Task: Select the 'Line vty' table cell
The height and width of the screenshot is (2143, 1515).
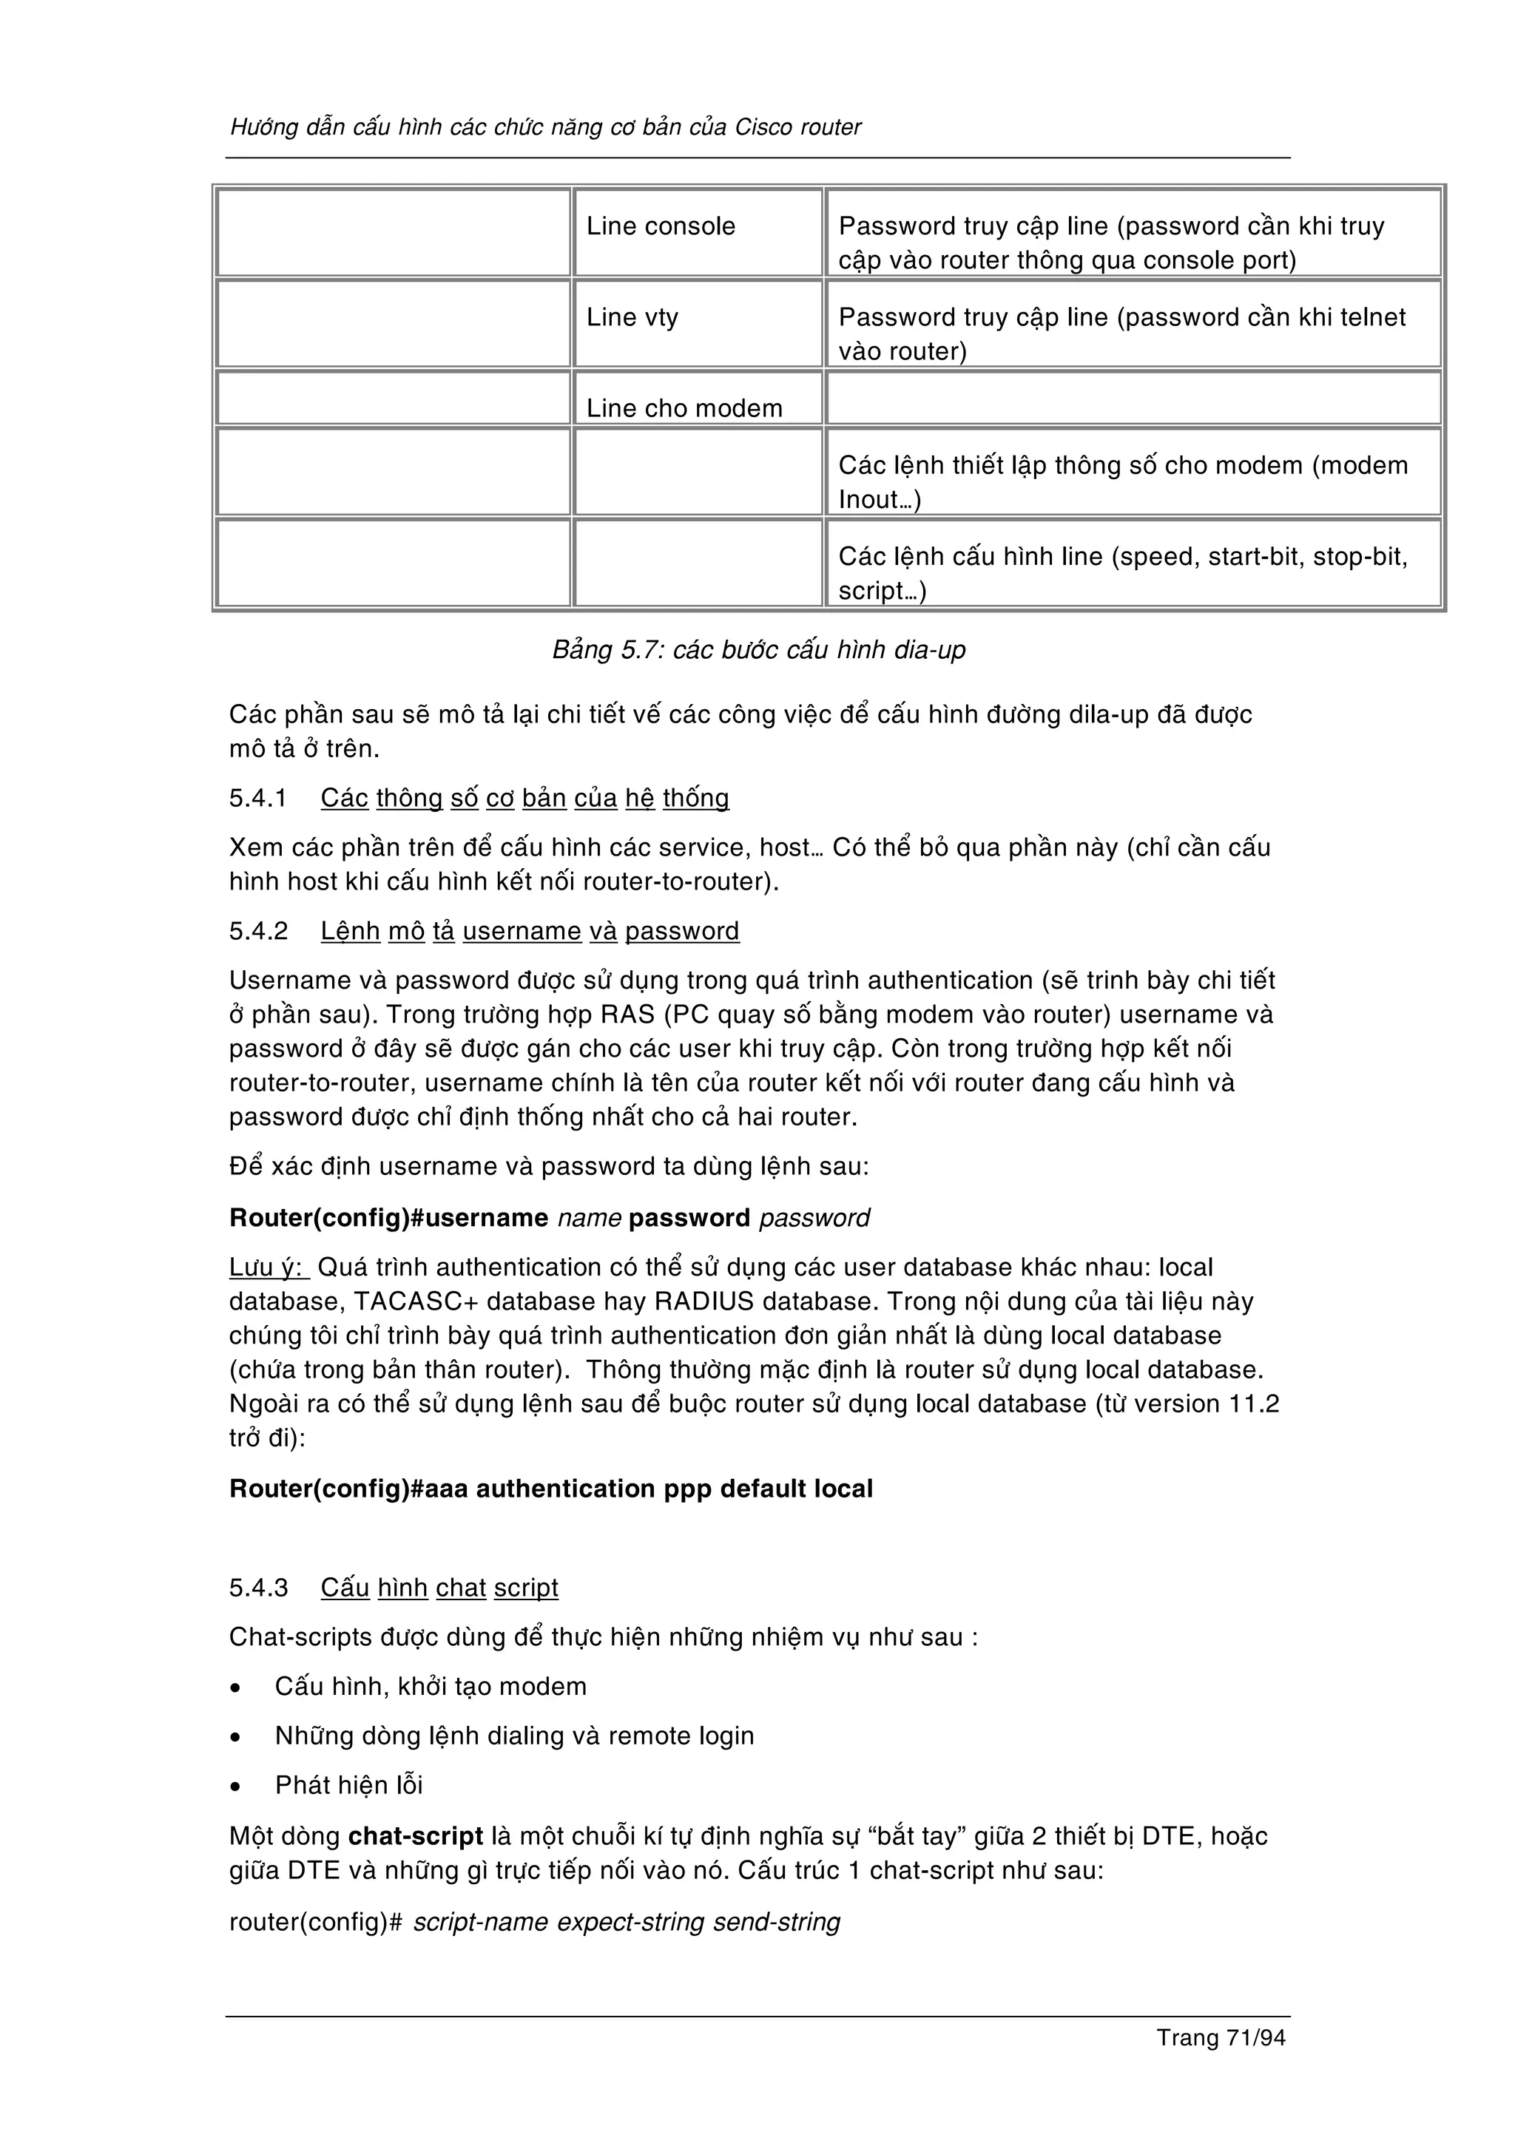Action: [632, 317]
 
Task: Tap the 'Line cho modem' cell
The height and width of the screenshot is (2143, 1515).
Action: [684, 408]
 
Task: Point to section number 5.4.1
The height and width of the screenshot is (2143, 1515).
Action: [257, 798]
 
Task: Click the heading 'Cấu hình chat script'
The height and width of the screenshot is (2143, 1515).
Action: [439, 1588]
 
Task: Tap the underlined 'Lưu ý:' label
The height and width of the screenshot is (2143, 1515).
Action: [267, 1267]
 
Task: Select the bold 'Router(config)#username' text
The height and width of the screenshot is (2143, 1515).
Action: [388, 1218]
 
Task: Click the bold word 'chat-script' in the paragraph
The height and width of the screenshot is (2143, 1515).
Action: [416, 1837]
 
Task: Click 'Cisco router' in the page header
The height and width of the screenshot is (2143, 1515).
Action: [798, 127]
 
